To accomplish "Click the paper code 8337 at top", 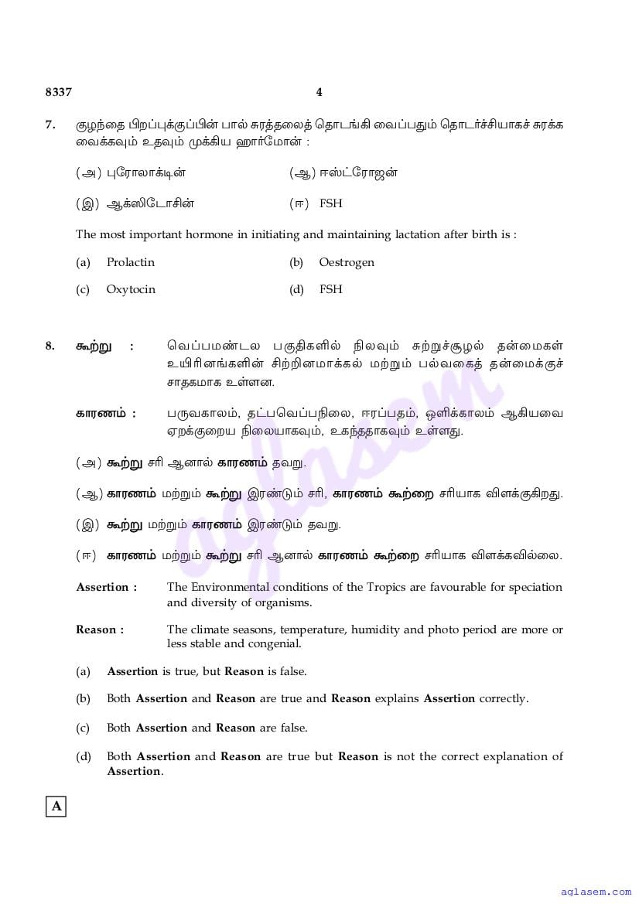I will coord(58,92).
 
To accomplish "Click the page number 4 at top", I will coord(319,92).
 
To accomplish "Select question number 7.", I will coord(50,125).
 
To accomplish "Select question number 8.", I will coord(50,346).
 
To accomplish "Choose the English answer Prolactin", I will coord(130,262).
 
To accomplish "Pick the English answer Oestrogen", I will coord(346,262).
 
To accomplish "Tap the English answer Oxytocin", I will coord(131,289).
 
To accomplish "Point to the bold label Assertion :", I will coord(107,587).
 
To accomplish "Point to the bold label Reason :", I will coord(100,629).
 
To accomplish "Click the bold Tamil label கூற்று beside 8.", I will coord(92,346).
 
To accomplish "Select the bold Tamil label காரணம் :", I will coord(105,414).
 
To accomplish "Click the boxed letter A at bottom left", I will coord(56,807).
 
